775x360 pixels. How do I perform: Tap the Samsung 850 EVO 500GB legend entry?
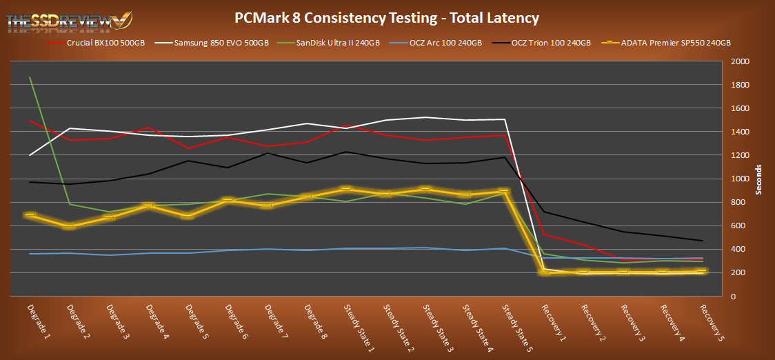click(x=216, y=42)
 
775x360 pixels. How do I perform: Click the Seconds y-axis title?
click(x=759, y=179)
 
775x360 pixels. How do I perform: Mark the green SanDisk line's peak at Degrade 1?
click(x=30, y=77)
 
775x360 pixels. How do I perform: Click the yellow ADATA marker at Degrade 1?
click(x=30, y=215)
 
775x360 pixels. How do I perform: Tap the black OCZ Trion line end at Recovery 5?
click(x=703, y=241)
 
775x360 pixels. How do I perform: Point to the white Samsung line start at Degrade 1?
click(x=30, y=155)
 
